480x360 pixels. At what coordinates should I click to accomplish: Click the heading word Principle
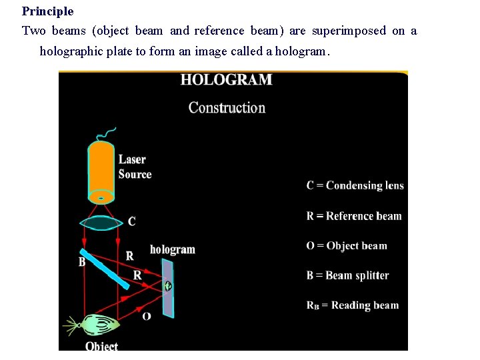[x=47, y=11]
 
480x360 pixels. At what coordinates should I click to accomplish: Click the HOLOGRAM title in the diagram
[x=226, y=80]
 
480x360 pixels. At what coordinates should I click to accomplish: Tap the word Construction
[x=227, y=107]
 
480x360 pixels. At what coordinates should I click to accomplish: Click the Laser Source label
[x=135, y=167]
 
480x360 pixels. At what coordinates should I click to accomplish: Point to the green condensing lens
[x=101, y=223]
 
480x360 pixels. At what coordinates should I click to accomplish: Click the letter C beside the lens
[x=131, y=221]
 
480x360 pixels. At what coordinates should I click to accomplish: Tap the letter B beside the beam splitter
[x=82, y=262]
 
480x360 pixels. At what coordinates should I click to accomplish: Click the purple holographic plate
[x=168, y=288]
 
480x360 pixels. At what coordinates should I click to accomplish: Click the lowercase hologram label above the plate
[x=173, y=249]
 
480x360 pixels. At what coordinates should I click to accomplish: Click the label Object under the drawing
[x=101, y=346]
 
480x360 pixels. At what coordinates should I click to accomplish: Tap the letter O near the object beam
[x=146, y=315]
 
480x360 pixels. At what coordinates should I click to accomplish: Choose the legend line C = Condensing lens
[x=355, y=185]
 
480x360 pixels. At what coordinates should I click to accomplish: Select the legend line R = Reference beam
[x=354, y=216]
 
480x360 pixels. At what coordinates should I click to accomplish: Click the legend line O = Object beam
[x=347, y=245]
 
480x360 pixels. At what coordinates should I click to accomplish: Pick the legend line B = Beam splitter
[x=347, y=275]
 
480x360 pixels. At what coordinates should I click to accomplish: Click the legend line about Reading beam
[x=352, y=305]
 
